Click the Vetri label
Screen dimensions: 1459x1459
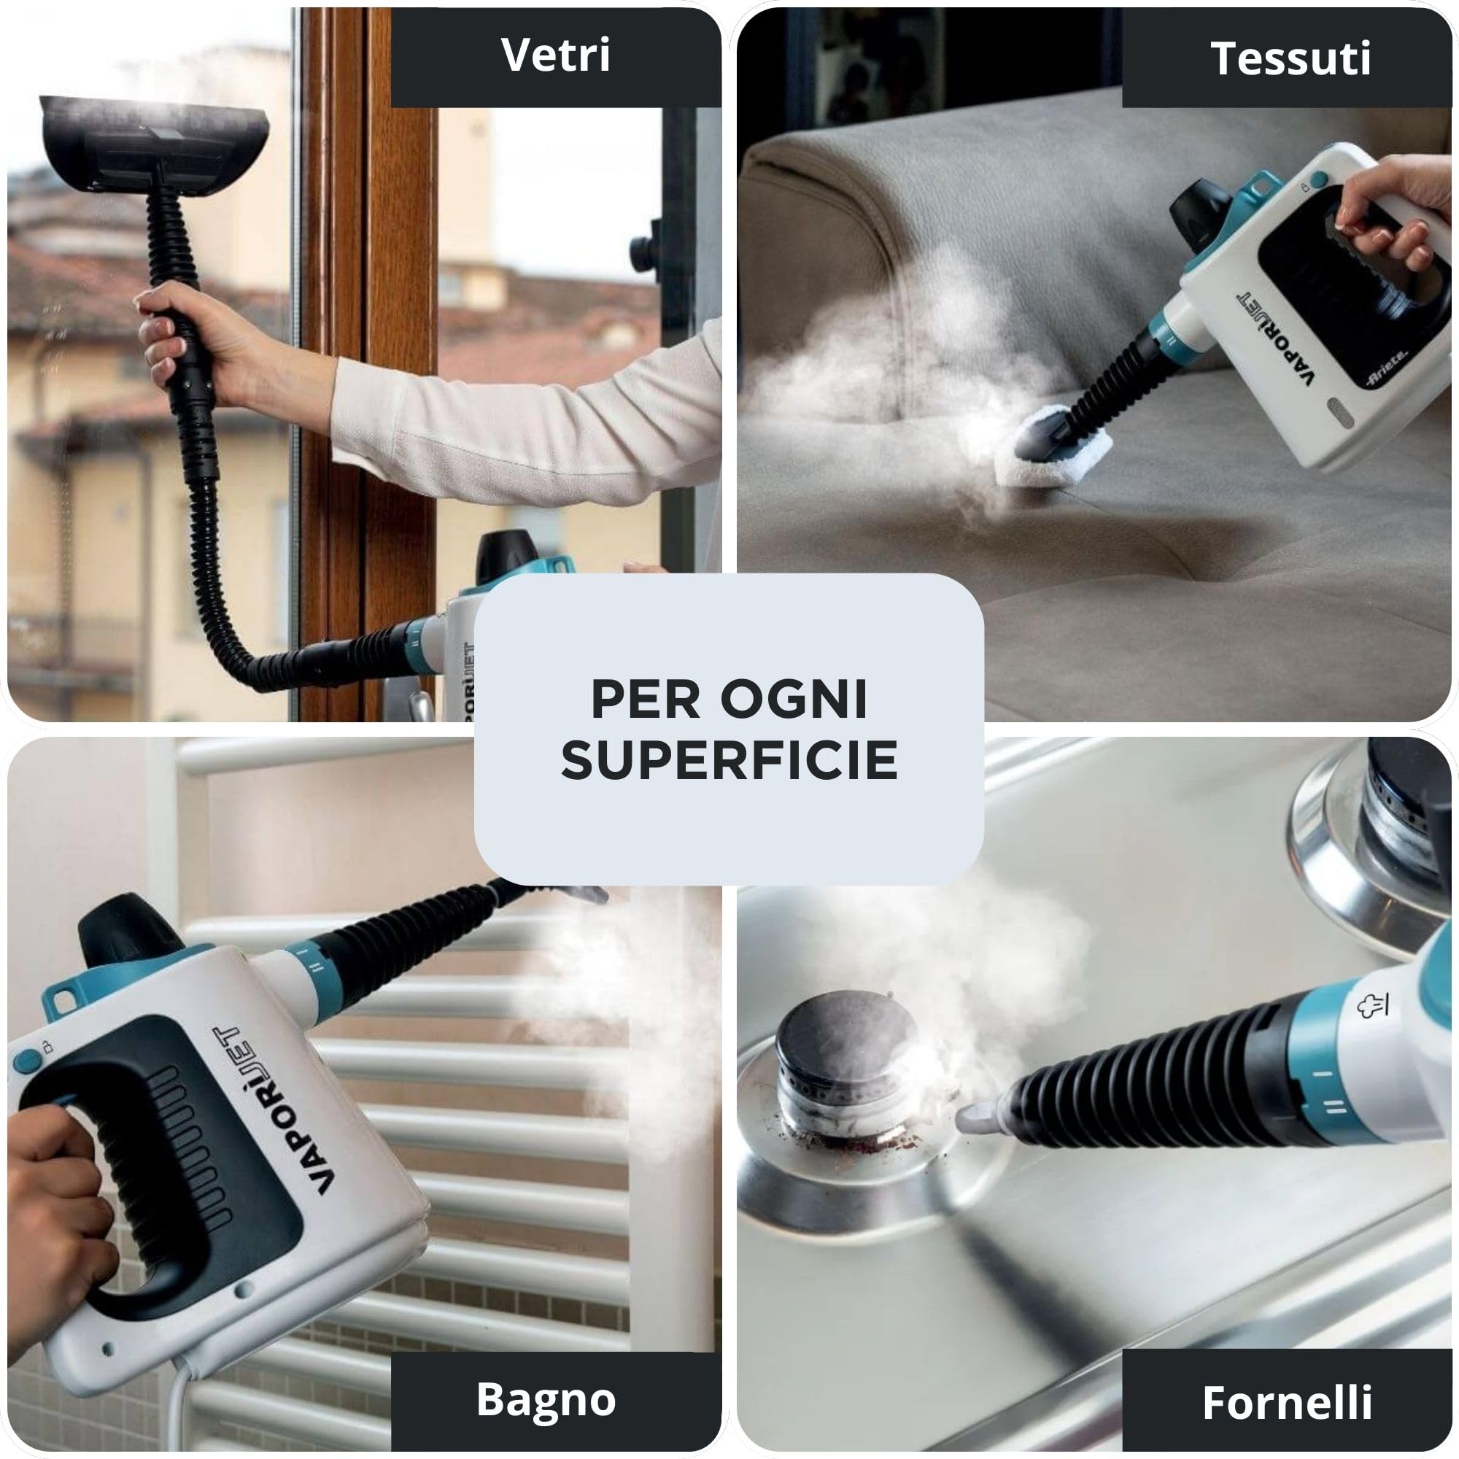tap(556, 57)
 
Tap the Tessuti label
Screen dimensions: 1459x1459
tap(1289, 58)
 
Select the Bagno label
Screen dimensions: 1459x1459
tap(545, 1399)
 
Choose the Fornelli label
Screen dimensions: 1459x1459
tap(1287, 1402)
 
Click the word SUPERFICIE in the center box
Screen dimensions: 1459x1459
tap(729, 760)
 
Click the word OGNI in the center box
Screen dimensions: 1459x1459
tap(793, 700)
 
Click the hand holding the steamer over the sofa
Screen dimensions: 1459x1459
tap(1397, 212)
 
